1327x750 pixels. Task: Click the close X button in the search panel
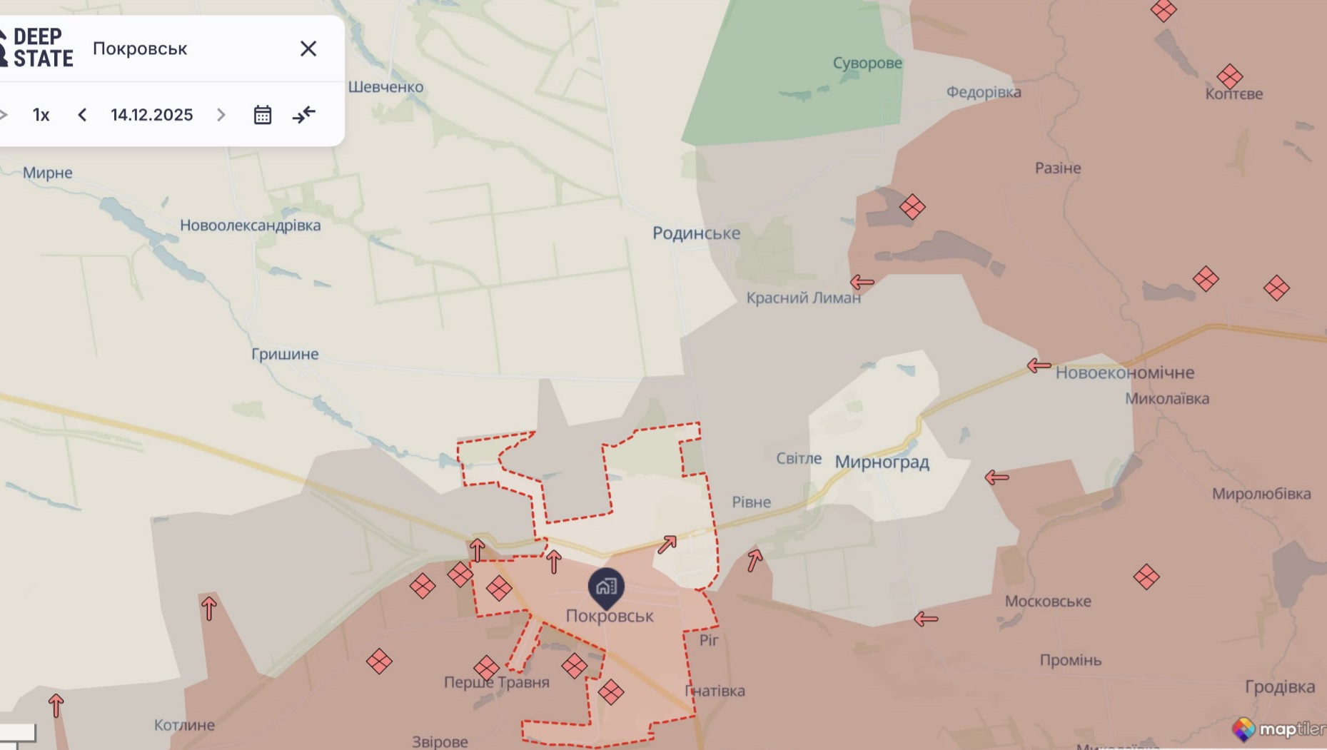308,49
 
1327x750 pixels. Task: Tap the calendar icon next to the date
263,115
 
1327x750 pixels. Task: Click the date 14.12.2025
151,115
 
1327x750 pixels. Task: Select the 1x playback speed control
41,115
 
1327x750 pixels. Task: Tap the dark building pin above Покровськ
606,587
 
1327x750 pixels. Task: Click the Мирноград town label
882,462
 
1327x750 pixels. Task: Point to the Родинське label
696,233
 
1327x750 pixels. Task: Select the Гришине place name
285,354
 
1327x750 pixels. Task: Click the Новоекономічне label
1124,373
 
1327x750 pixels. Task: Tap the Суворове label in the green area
867,63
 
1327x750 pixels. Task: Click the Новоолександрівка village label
250,225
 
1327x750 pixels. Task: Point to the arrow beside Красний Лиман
862,282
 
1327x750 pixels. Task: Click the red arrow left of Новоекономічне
1039,365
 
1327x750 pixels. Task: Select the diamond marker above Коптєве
1229,76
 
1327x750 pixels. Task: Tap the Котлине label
184,725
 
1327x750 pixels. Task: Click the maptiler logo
1278,729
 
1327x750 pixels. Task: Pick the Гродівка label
1279,686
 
